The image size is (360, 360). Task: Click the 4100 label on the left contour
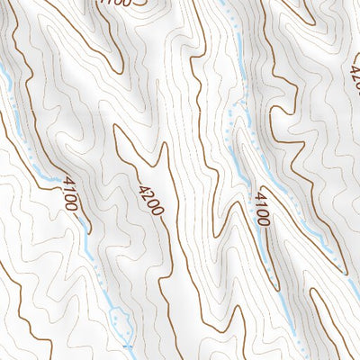[71, 193]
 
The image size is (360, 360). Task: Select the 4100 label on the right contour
[263, 207]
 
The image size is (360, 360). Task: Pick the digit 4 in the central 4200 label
[143, 188]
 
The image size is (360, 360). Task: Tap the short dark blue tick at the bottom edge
[127, 346]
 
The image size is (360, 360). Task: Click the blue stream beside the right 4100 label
[248, 180]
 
